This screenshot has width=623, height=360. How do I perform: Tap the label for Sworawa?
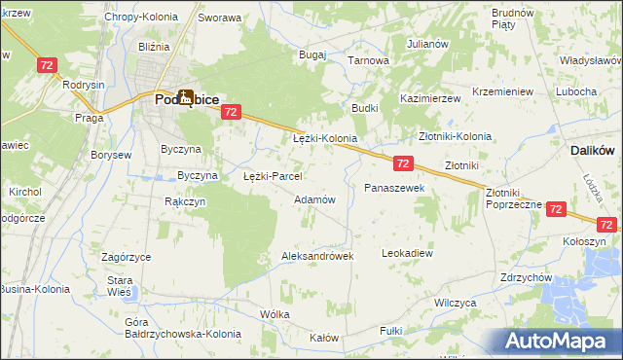(219, 18)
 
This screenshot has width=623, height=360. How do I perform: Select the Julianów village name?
(427, 44)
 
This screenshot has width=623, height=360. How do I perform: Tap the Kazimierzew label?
(429, 99)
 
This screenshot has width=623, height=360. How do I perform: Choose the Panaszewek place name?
(394, 187)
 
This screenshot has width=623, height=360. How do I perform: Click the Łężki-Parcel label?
(273, 177)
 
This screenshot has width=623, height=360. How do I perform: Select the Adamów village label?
(314, 199)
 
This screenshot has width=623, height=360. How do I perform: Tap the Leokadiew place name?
(407, 253)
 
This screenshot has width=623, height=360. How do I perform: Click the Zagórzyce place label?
(126, 257)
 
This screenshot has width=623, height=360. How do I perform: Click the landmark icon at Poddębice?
(184, 95)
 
